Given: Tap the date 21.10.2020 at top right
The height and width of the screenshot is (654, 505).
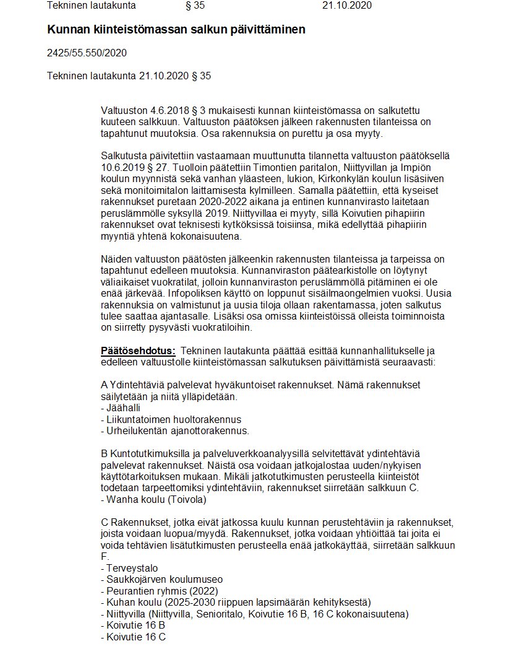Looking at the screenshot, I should [347, 6].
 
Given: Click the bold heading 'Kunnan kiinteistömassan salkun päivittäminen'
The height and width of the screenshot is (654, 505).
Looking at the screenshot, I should [176, 29].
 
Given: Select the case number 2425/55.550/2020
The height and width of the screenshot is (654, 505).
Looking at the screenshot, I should [87, 53].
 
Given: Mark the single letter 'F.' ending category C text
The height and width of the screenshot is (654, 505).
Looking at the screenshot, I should [104, 556].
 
